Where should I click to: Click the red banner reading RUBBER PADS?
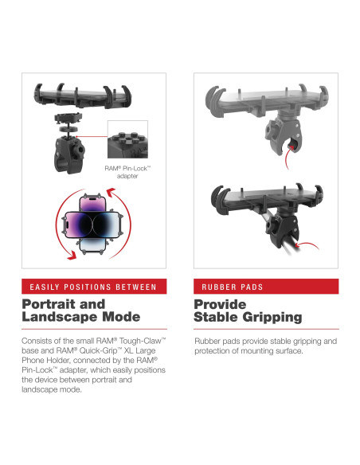(266, 287)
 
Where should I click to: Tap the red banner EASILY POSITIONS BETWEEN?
(94, 287)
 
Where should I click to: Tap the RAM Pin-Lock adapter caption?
(127, 172)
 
